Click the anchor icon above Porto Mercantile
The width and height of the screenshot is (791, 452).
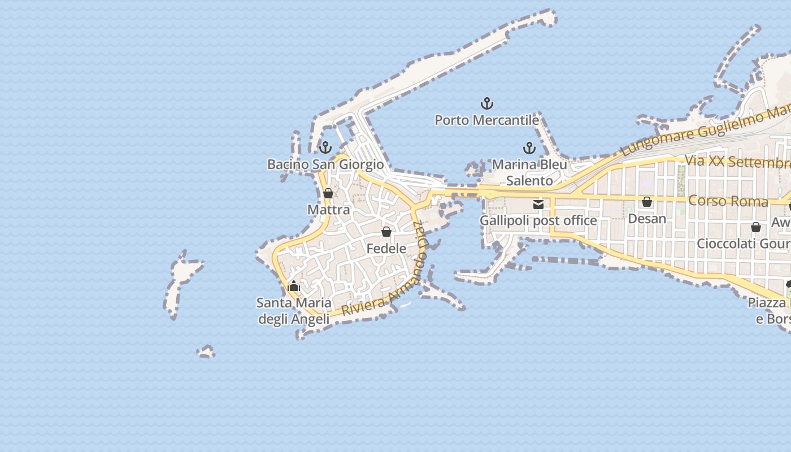pyautogui.click(x=486, y=103)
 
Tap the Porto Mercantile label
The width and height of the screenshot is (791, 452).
pyautogui.click(x=486, y=120)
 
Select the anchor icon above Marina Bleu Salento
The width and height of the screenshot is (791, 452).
pyautogui.click(x=529, y=149)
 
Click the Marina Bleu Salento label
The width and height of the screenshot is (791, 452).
pyautogui.click(x=529, y=172)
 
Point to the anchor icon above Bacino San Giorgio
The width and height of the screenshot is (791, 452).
pyautogui.click(x=325, y=148)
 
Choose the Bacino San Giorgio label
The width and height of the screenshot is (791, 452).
pyautogui.click(x=325, y=164)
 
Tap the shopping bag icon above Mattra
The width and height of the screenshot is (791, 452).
pyautogui.click(x=328, y=194)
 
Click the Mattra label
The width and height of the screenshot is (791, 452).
pyautogui.click(x=328, y=210)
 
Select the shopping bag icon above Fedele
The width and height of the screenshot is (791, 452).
pyautogui.click(x=386, y=232)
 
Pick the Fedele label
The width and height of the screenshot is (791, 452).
pyautogui.click(x=386, y=249)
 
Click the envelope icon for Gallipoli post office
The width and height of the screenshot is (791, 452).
pyautogui.click(x=538, y=205)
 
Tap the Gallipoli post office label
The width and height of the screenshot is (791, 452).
pyautogui.click(x=538, y=220)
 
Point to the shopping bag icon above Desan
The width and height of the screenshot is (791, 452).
pyautogui.click(x=647, y=202)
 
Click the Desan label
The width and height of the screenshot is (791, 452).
pyautogui.click(x=647, y=218)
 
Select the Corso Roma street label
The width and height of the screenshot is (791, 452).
pyautogui.click(x=728, y=201)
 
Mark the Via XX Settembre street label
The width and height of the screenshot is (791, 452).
pyautogui.click(x=737, y=162)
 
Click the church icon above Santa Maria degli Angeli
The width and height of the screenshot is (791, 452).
pyautogui.click(x=293, y=286)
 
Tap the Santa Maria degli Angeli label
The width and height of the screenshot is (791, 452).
pyautogui.click(x=294, y=311)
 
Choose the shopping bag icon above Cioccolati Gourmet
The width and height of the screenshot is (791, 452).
pyautogui.click(x=756, y=227)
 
